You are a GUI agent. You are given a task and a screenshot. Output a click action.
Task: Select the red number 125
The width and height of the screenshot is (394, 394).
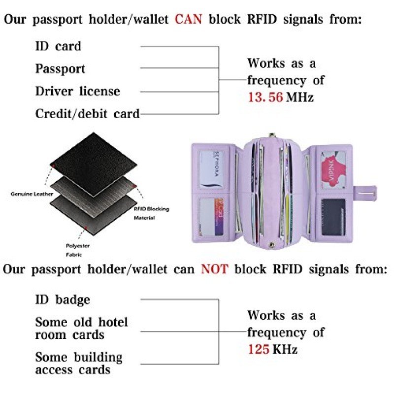(x=259, y=349)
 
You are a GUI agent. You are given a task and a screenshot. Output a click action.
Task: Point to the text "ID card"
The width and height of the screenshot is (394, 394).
(x=58, y=46)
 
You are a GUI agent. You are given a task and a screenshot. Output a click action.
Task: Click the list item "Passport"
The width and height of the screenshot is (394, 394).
(x=60, y=69)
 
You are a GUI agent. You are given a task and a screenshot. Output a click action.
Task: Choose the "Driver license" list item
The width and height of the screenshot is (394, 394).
(x=77, y=91)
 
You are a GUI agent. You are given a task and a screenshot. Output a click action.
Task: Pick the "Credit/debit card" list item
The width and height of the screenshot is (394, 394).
(x=87, y=114)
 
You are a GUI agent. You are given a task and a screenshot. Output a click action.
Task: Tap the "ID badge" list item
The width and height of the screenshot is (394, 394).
(x=63, y=299)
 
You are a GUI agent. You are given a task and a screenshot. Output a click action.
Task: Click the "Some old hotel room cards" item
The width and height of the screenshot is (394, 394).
(x=81, y=328)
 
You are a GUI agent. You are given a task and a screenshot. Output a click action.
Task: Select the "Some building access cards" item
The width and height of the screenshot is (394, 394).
(x=79, y=363)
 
